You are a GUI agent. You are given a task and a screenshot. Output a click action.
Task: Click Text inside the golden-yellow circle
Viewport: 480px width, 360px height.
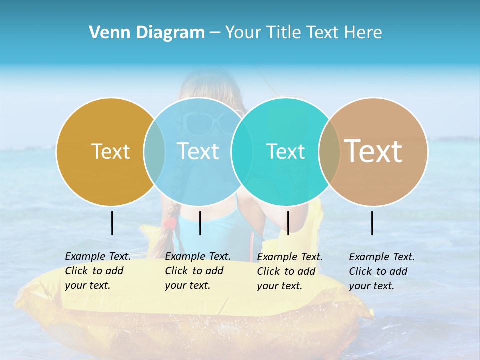pyautogui.click(x=110, y=151)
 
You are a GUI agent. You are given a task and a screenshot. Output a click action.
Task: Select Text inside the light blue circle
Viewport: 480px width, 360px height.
pyautogui.click(x=198, y=151)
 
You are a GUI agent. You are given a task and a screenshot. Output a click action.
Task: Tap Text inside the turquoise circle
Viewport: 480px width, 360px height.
pyautogui.click(x=285, y=151)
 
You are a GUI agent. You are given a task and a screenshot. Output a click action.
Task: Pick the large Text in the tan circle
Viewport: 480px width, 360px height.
pyautogui.click(x=373, y=151)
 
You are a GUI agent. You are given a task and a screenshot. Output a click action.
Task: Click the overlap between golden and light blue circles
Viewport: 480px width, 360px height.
pyautogui.click(x=154, y=151)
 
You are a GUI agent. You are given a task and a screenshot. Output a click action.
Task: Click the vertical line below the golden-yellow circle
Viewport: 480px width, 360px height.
pyautogui.click(x=112, y=223)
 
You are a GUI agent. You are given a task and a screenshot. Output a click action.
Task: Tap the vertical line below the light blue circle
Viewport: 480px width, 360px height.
pyautogui.click(x=200, y=223)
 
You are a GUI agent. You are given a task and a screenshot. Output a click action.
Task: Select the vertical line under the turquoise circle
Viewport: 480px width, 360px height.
pyautogui.click(x=288, y=223)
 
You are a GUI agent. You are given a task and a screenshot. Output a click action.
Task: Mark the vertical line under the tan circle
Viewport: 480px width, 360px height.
pyautogui.click(x=372, y=223)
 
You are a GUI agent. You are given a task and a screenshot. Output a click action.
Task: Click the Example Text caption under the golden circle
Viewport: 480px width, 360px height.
pyautogui.click(x=97, y=271)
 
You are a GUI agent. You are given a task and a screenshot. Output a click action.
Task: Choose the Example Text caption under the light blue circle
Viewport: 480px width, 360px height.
pyautogui.click(x=197, y=271)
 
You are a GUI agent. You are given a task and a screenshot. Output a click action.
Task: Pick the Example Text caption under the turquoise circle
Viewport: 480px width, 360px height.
pyautogui.click(x=289, y=271)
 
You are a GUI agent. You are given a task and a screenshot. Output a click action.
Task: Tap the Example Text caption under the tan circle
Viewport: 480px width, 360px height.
pyautogui.click(x=381, y=271)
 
